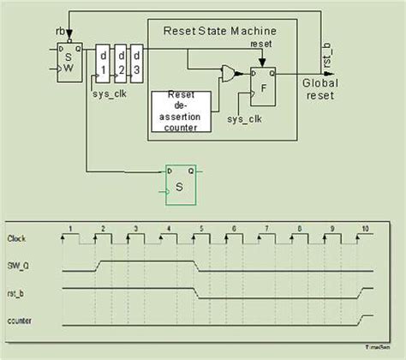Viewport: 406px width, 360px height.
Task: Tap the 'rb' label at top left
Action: (60, 33)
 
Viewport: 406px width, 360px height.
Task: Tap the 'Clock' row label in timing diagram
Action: (17, 237)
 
